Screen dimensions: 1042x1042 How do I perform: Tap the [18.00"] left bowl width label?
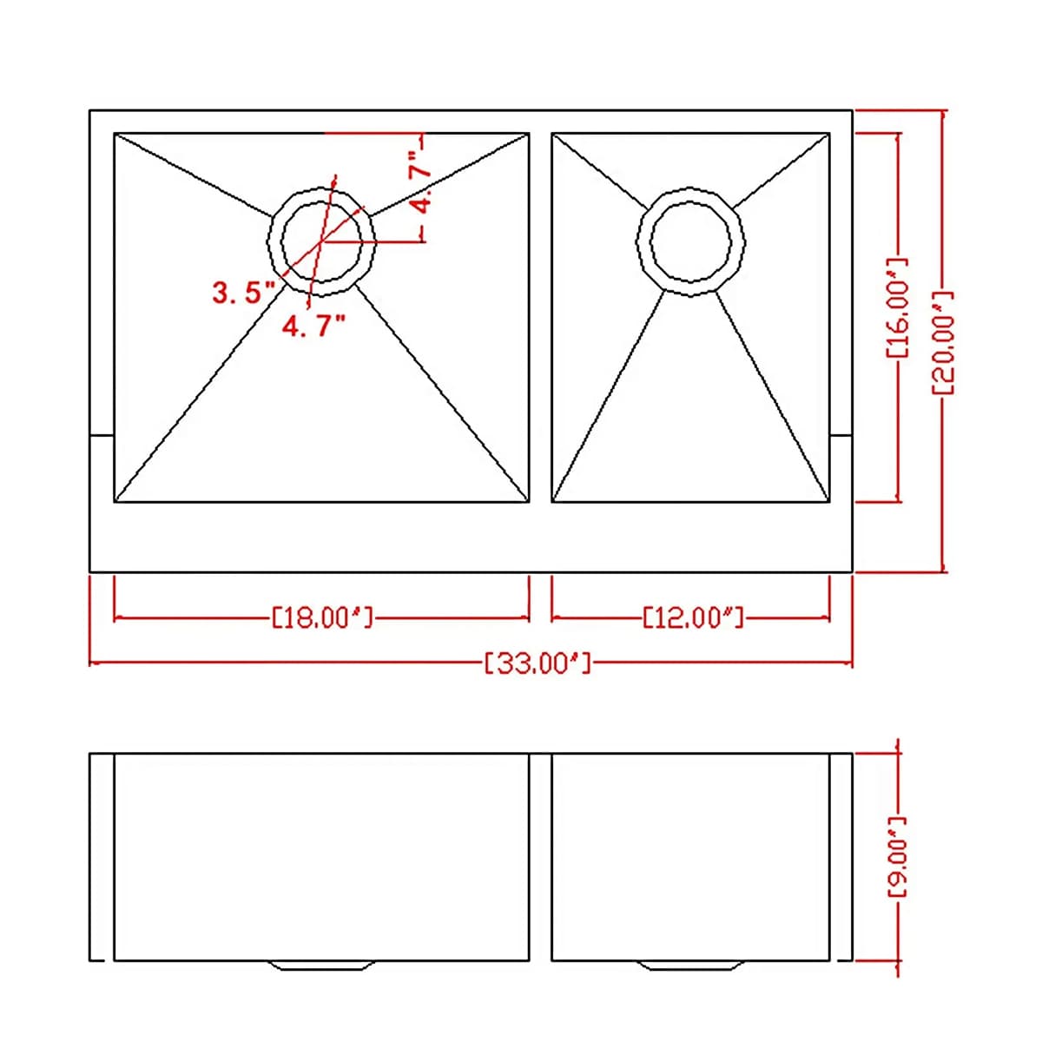[x=322, y=617]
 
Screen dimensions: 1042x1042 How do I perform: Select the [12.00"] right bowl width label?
[x=693, y=617]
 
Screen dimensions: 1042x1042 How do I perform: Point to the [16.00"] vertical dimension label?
[x=897, y=308]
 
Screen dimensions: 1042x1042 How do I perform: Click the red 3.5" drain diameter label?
[x=237, y=293]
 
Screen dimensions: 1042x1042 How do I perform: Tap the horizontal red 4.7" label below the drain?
[x=313, y=326]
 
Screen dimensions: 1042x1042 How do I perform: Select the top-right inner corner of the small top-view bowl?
[x=829, y=134]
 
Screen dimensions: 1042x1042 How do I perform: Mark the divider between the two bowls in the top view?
[x=540, y=317]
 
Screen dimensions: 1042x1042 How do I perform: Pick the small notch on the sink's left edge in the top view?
[x=102, y=434]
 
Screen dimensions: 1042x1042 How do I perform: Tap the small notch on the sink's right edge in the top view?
[x=841, y=434]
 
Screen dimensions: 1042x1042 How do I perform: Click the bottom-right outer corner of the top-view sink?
[x=852, y=571]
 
